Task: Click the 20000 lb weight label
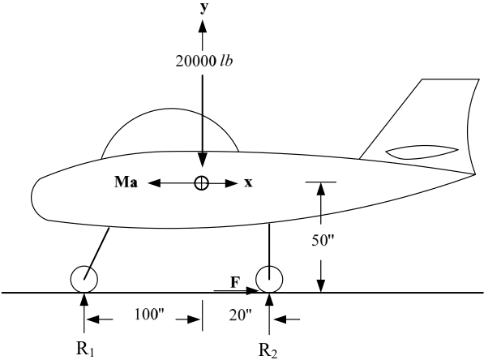204,61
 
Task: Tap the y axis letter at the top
203,7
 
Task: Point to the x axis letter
248,182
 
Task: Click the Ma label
126,182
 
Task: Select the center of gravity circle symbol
202,183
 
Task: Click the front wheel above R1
84,279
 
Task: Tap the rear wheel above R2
269,279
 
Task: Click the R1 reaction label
85,349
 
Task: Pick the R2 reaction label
268,350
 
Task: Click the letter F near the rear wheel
235,282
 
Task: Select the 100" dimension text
149,315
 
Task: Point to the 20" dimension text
240,315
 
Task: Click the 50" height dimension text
323,240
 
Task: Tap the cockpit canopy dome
170,109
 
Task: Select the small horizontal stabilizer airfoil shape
422,152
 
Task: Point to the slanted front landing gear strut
96,253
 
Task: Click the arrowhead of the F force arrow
253,290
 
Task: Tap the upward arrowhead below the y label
203,26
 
